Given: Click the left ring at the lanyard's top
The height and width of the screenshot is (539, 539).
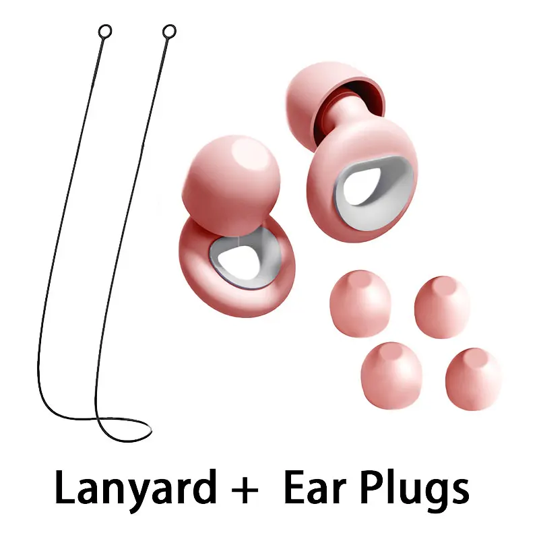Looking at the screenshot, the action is coord(105,31).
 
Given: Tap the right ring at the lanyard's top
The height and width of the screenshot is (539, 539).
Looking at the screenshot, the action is coord(169,31).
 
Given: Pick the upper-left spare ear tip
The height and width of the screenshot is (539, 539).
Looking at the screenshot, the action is coord(360,303).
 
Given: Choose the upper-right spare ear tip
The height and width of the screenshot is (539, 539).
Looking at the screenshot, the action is coord(443,307).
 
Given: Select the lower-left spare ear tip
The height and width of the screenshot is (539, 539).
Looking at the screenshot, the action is coord(391,375).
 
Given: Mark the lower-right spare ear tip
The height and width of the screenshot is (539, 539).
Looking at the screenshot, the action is coord(474,379).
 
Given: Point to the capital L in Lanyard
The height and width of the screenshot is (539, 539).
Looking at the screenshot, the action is coord(66,487).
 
